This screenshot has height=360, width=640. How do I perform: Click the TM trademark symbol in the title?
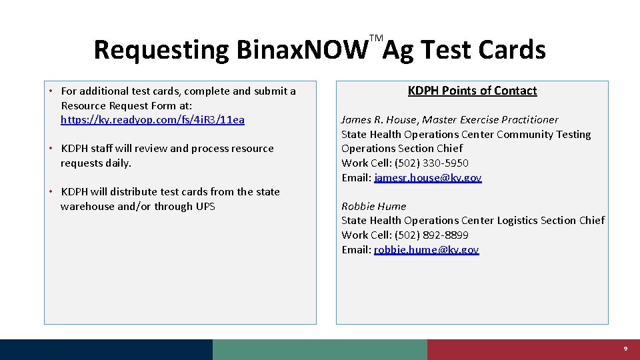pos(376,39)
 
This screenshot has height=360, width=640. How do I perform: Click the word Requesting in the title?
pos(161,50)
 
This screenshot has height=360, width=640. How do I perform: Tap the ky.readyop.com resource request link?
pos(152,120)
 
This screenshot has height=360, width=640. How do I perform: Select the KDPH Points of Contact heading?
pos(472,91)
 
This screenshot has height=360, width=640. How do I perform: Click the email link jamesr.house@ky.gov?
pos(427,178)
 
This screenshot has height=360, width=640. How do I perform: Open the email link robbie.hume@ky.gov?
pos(426,250)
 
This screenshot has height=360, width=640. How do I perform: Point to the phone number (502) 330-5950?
pos(431,163)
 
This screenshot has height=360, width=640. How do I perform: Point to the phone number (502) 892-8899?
pos(431,235)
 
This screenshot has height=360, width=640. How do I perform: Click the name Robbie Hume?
pos(373,207)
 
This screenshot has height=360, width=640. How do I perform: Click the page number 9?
pos(625,349)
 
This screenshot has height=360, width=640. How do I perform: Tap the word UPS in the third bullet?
pos(205,207)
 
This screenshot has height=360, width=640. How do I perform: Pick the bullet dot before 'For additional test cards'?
pos(51,91)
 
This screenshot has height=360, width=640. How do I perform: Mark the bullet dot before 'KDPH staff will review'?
pos(51,148)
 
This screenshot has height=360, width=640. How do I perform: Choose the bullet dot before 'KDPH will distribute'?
pos(51,191)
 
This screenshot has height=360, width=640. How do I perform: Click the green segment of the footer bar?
pos(320,349)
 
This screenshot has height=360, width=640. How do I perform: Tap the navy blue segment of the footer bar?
pos(107,349)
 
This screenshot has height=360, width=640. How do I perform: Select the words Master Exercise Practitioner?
pos(491,120)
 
